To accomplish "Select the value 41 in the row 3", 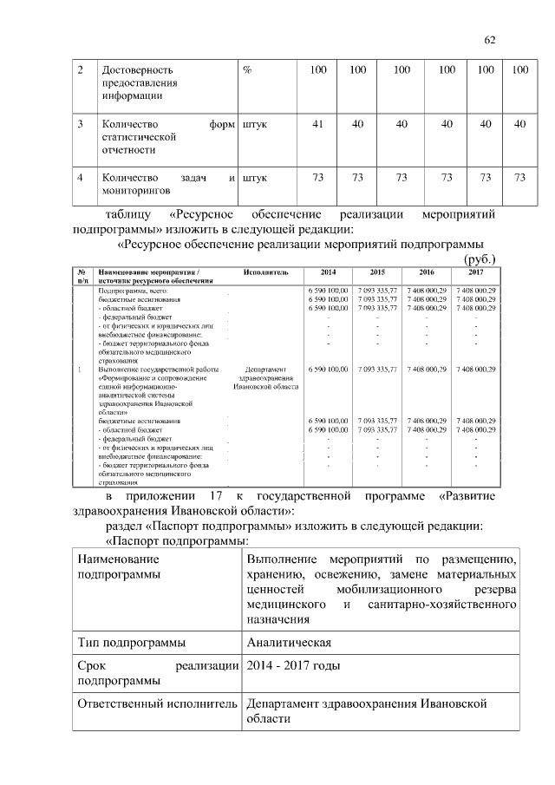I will pyautogui.click(x=317, y=124).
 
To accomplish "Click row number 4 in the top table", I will pyautogui.click(x=81, y=178).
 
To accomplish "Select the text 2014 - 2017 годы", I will pyautogui.click(x=293, y=665).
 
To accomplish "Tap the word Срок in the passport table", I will pyautogui.click(x=91, y=665).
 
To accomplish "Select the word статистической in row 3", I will pyautogui.click(x=139, y=137).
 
